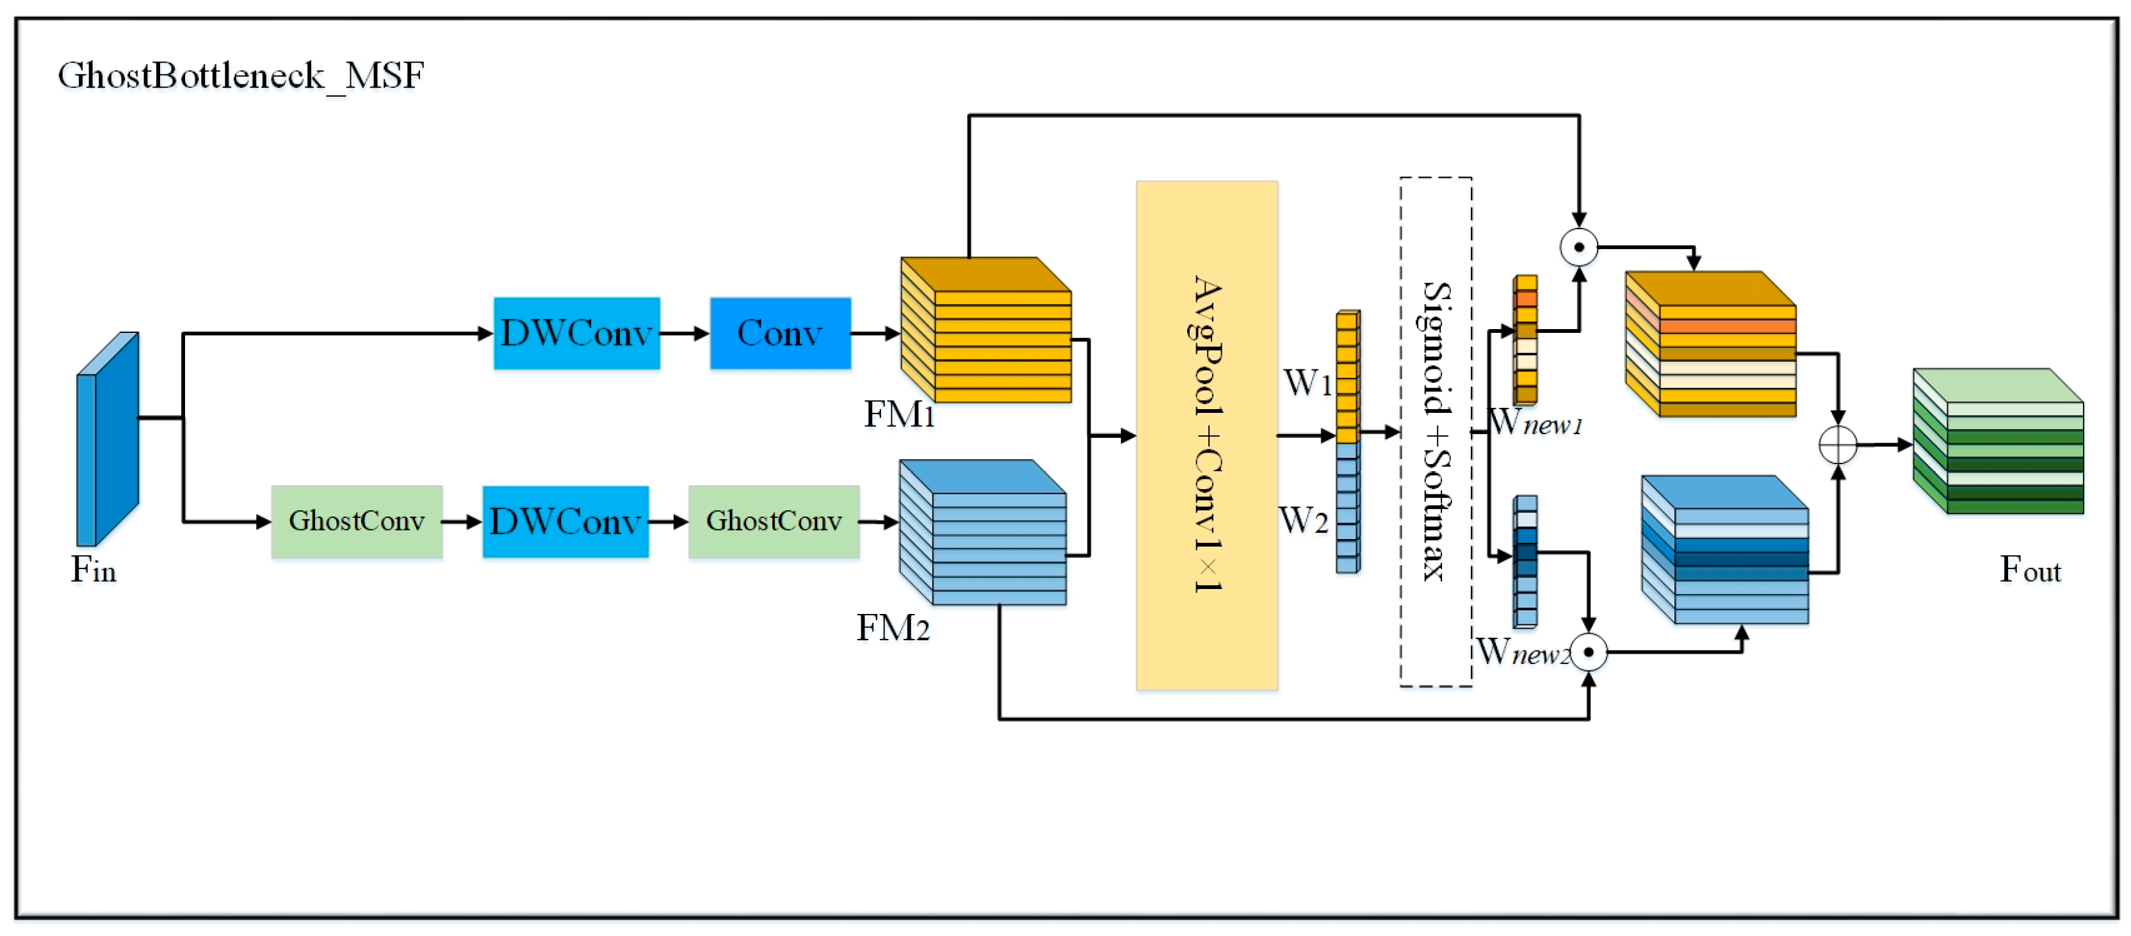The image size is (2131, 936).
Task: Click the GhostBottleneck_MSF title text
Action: (241, 76)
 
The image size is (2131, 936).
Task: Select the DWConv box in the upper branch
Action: (576, 333)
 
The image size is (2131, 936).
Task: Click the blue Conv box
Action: (780, 333)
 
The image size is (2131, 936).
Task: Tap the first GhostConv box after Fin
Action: (357, 521)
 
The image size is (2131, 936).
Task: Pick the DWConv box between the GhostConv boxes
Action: (565, 522)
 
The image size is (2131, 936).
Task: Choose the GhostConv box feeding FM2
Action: (774, 521)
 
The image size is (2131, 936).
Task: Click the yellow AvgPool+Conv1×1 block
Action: (1206, 435)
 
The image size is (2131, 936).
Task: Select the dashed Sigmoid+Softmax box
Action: (1435, 432)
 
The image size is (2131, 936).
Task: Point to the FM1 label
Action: (898, 414)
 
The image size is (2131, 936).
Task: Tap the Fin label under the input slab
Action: (93, 570)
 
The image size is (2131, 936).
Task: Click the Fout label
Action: (2029, 570)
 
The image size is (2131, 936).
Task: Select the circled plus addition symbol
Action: (1838, 445)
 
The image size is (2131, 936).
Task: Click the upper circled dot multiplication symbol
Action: (1578, 247)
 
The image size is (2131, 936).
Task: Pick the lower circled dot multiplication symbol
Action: (1588, 652)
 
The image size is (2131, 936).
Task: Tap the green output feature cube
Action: (1998, 442)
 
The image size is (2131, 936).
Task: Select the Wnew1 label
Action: (1535, 423)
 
